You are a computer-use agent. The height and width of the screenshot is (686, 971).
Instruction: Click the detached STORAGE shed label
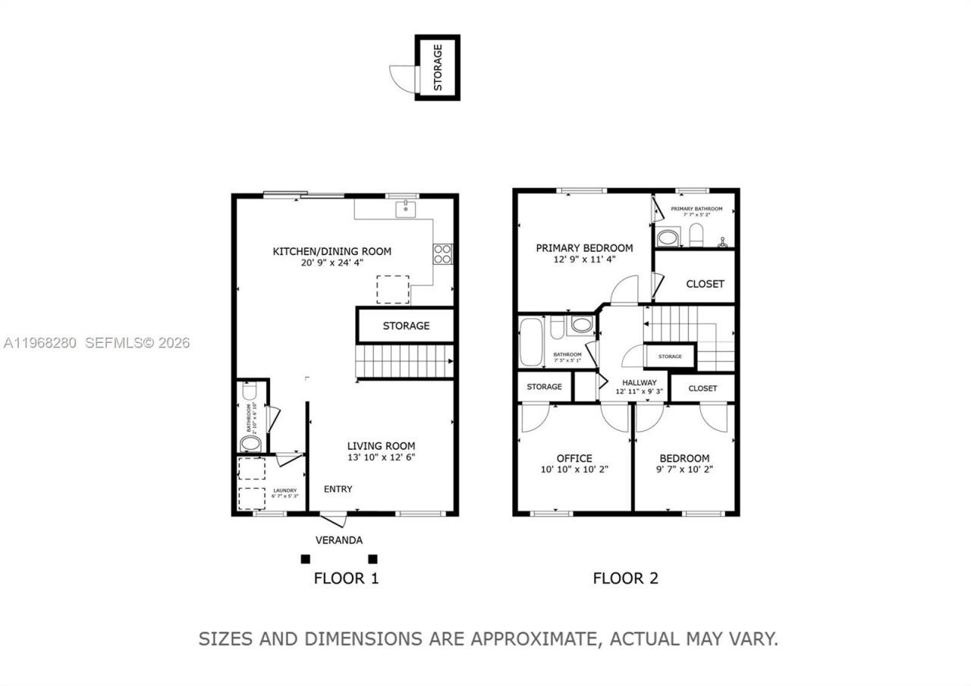438,67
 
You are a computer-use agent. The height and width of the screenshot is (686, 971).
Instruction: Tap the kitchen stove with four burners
442,253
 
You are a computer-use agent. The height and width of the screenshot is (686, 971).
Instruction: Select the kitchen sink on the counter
405,208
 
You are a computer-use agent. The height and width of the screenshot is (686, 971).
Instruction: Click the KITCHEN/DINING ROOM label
332,251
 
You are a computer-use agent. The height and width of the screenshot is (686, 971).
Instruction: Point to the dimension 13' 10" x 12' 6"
381,458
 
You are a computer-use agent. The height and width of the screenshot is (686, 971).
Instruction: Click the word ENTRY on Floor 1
338,489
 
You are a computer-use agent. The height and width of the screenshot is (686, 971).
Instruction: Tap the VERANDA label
339,540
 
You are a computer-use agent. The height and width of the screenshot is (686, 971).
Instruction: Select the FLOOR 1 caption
346,578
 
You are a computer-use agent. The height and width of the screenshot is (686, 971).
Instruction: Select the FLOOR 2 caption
625,578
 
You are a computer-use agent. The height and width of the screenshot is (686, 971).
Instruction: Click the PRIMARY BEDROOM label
584,248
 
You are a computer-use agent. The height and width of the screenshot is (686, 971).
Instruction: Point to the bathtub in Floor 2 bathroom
529,341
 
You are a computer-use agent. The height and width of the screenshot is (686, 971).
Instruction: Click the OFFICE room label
574,458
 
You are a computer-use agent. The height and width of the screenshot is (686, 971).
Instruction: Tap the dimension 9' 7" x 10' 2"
684,469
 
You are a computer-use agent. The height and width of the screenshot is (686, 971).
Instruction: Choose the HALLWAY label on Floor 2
639,382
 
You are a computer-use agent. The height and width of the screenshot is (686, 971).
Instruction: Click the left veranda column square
305,559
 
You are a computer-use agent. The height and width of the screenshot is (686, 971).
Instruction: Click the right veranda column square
372,559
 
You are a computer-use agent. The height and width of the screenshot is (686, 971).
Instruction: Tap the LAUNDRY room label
285,490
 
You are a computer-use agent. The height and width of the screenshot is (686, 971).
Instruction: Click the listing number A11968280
39,343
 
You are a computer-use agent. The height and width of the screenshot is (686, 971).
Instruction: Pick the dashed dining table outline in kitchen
393,289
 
